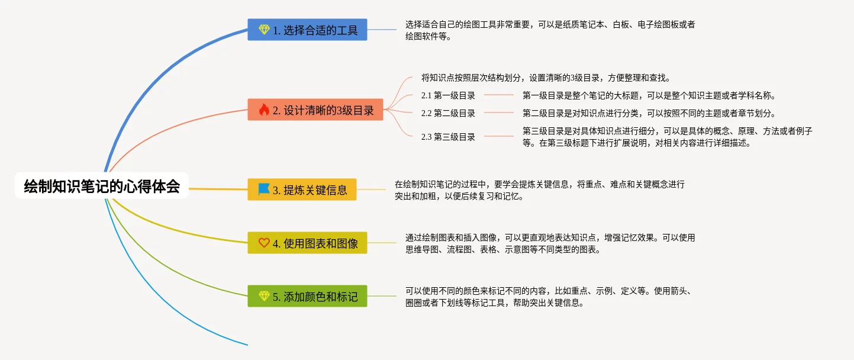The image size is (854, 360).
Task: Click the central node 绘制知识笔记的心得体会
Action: point(102,186)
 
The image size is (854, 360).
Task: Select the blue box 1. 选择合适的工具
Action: point(307,30)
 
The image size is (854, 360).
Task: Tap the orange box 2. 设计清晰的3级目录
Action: point(315,110)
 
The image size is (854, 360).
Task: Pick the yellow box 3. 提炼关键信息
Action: point(302,189)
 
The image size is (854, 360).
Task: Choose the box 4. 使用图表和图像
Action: point(307,243)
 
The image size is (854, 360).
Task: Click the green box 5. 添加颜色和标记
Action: point(307,296)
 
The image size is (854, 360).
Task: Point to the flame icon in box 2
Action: point(264,110)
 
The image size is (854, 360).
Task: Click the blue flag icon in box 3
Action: point(264,189)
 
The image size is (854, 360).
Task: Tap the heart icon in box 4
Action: point(264,243)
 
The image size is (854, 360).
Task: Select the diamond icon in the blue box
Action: point(264,30)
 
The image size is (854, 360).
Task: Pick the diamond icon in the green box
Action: point(264,295)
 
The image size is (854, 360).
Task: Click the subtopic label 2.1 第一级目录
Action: point(448,95)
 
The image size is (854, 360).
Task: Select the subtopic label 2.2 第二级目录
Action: point(448,113)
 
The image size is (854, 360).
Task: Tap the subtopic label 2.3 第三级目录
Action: point(448,137)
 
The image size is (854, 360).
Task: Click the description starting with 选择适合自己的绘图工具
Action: point(550,31)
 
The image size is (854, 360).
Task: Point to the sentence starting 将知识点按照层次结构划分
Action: point(546,78)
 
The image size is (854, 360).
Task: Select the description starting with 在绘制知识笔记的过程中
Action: point(540,190)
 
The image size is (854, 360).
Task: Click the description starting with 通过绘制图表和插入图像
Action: point(550,243)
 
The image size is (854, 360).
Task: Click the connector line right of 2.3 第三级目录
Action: point(499,136)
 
